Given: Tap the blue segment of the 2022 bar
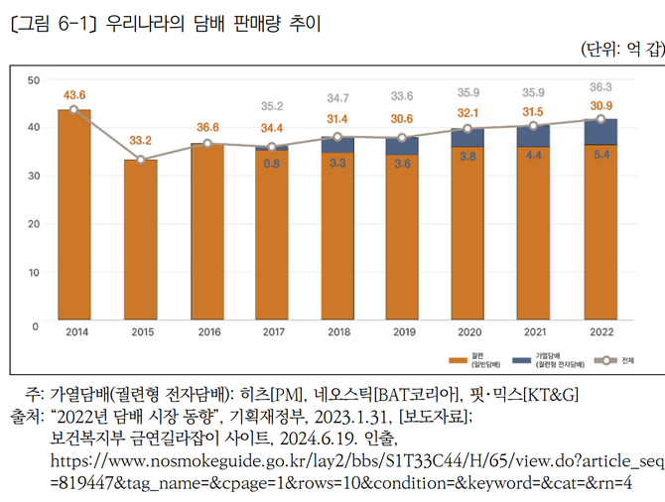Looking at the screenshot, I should [x=599, y=132].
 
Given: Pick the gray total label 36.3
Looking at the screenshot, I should [x=599, y=86].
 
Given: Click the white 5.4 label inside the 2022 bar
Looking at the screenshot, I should [x=599, y=155].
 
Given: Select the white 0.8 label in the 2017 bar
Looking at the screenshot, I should [x=271, y=164].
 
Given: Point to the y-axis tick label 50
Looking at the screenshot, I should [x=34, y=79].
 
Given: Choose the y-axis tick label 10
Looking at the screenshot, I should [x=34, y=272].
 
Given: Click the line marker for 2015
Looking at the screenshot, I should [x=141, y=160].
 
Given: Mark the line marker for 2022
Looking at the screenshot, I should [x=599, y=119].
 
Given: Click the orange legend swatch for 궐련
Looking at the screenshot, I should [x=466, y=358].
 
